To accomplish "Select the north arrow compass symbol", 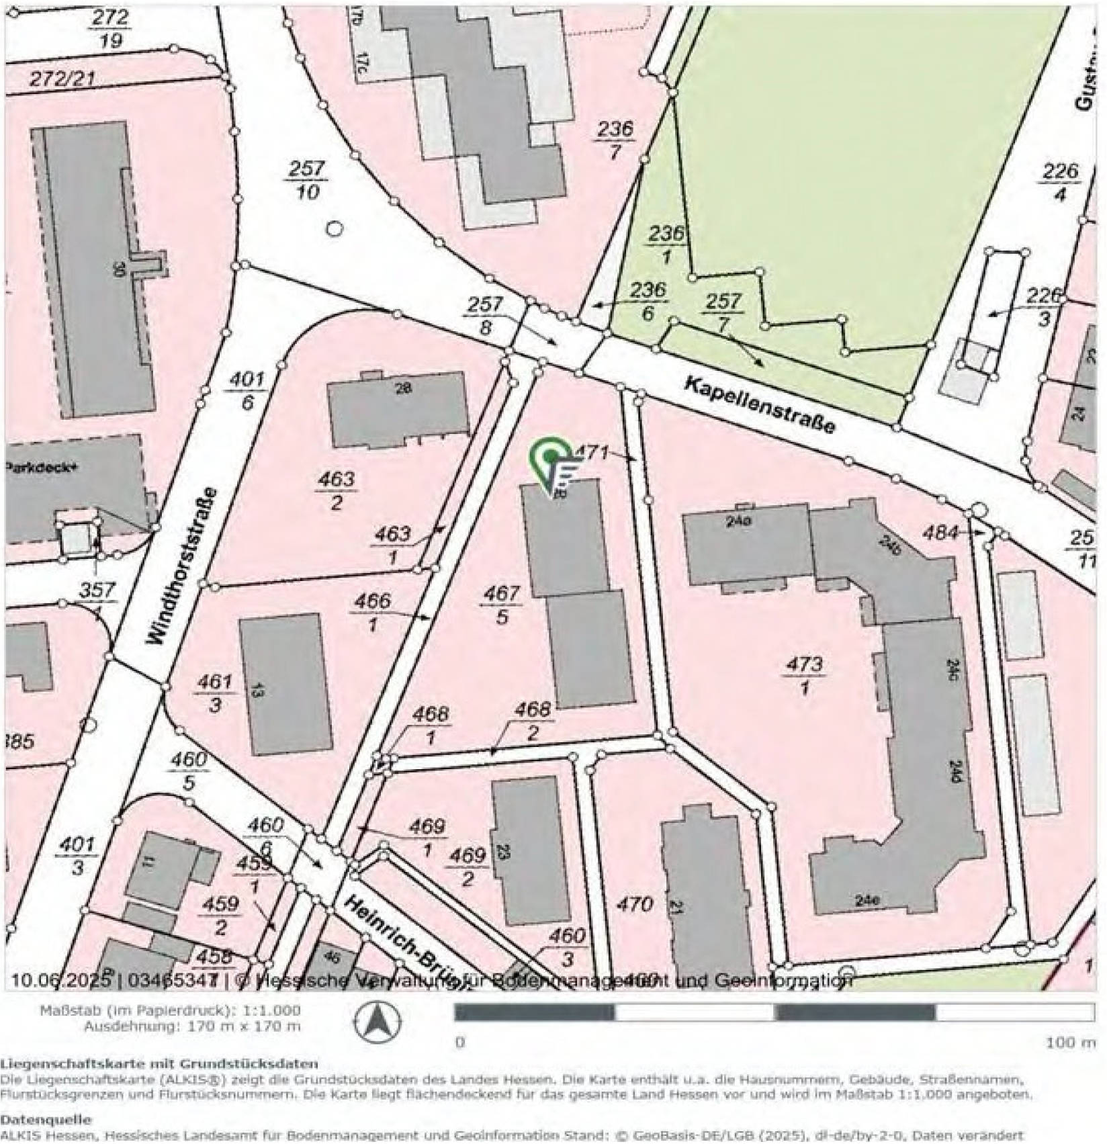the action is (x=377, y=1022).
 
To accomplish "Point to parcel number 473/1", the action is (x=804, y=675).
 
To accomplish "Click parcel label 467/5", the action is (x=502, y=604).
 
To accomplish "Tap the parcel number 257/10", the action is (x=307, y=179).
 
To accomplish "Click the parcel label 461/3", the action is (x=215, y=693).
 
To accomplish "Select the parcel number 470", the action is (x=633, y=904).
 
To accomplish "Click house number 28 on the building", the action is (x=403, y=388).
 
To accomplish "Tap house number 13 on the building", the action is (x=258, y=690).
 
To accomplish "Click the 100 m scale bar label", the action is (x=1069, y=1043).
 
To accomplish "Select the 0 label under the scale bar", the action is (x=460, y=1043).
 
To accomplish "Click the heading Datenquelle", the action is (x=45, y=1120).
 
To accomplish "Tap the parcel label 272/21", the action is (x=62, y=79).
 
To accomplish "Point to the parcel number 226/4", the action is (x=1060, y=182).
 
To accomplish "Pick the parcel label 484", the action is (x=940, y=533).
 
